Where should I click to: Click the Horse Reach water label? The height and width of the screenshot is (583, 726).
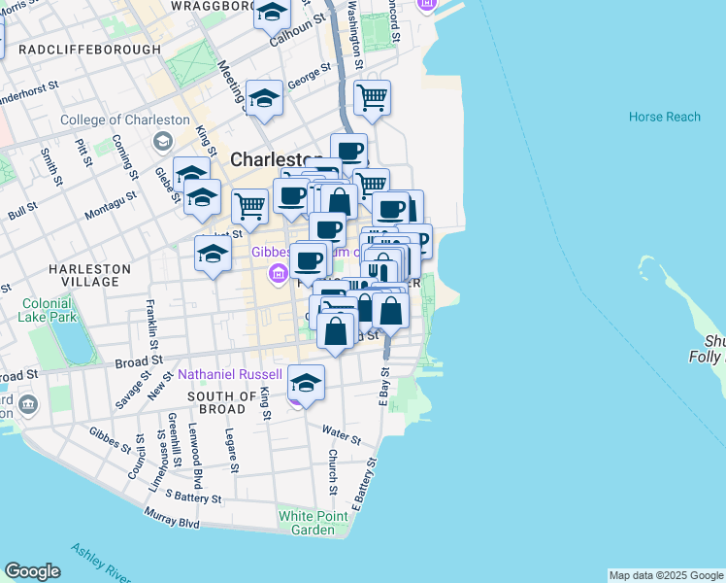pos(664,117)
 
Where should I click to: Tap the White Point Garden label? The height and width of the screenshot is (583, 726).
pos(306,523)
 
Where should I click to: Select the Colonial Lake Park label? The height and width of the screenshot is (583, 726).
pos(48,309)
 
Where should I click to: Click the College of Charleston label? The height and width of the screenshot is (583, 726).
pos(124,120)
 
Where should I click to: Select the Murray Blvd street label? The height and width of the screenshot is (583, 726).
pos(171,523)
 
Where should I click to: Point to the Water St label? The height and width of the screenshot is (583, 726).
pos(342,430)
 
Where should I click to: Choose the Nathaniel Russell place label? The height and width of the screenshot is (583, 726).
pos(229,374)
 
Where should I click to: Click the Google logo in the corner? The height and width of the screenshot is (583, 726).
pos(32,571)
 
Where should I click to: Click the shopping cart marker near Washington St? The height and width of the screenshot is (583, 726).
pos(372,97)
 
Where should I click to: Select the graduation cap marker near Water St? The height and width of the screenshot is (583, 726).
pos(306,382)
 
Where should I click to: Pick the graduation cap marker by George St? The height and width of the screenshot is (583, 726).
pos(264,98)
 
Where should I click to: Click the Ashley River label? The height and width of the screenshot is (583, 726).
pos(96,573)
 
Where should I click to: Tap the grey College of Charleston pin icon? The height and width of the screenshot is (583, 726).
pos(162,142)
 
